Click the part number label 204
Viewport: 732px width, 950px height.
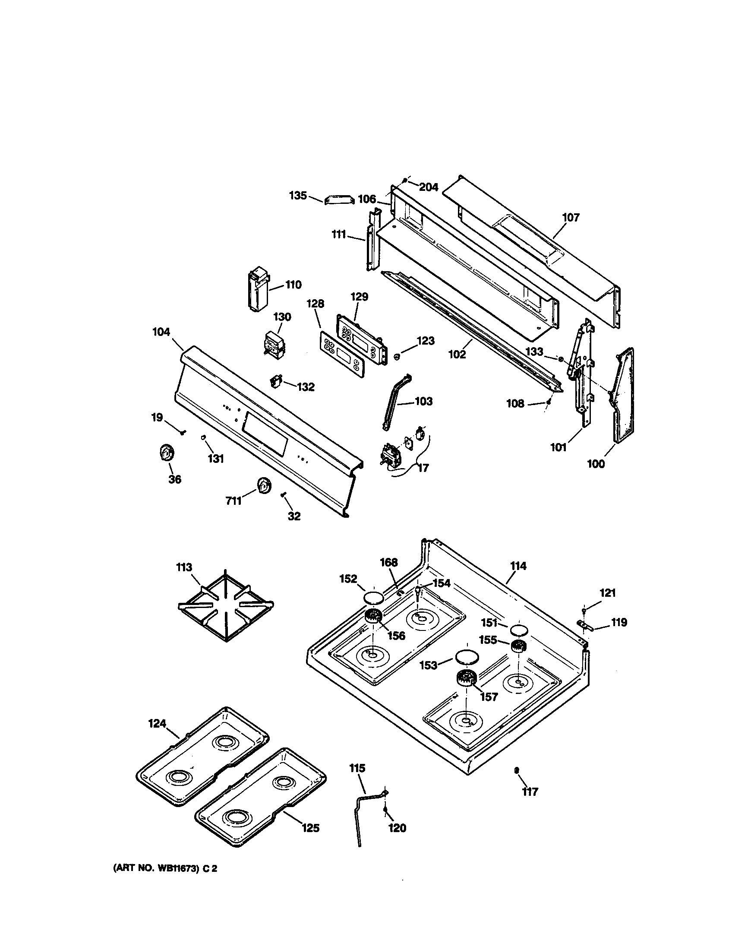tap(429, 187)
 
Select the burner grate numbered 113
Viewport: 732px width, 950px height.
tap(226, 605)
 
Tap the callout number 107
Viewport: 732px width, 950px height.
tap(571, 217)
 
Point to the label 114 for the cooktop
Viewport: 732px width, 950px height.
tap(518, 566)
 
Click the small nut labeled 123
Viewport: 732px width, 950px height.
tap(396, 357)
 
